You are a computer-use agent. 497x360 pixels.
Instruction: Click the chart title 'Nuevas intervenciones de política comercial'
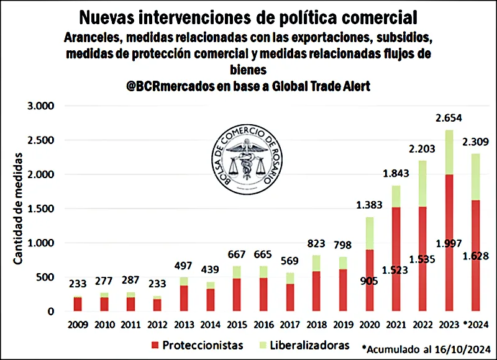coord(248,16)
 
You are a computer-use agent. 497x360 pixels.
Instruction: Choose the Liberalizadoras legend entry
coord(304,344)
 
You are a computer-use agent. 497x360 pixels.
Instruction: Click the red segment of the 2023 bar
coord(449,248)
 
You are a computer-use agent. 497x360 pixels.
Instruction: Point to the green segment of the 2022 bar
coord(422,183)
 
